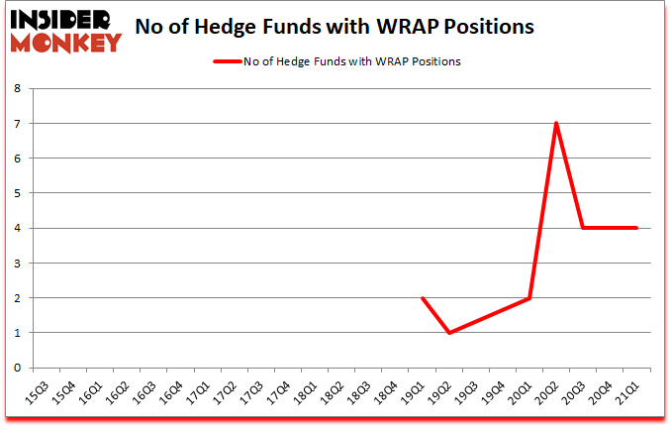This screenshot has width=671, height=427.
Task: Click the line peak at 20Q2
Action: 556,123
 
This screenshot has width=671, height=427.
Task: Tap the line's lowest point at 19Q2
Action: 449,332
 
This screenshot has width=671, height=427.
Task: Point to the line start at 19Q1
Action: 423,297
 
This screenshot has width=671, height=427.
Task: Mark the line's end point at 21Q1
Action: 636,228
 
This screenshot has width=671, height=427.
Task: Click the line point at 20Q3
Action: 583,228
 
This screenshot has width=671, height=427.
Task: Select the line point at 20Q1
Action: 529,297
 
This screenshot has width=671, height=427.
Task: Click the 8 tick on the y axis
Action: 18,88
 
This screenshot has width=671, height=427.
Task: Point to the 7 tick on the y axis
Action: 18,123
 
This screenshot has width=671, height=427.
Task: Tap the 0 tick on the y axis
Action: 18,368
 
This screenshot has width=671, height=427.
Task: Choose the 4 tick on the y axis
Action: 18,228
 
